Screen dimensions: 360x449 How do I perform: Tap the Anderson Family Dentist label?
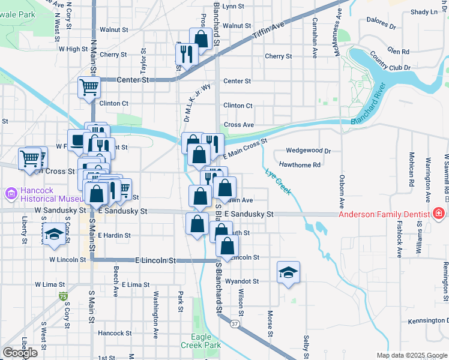pyautogui.click(x=384, y=214)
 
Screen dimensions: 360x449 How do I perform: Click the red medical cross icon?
pyautogui.click(x=439, y=214)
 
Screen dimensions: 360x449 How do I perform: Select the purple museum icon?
pyautogui.click(x=10, y=194)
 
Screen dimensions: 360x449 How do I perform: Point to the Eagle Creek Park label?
pyautogui.click(x=201, y=341)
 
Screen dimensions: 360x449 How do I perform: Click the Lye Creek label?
pyautogui.click(x=278, y=181)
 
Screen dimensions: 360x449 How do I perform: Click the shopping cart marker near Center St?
pyautogui.click(x=89, y=87)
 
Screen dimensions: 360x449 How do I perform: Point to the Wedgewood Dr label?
pyautogui.click(x=309, y=151)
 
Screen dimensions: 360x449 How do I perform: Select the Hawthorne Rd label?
pyautogui.click(x=300, y=164)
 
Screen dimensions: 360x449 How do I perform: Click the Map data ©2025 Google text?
pyautogui.click(x=412, y=355)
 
